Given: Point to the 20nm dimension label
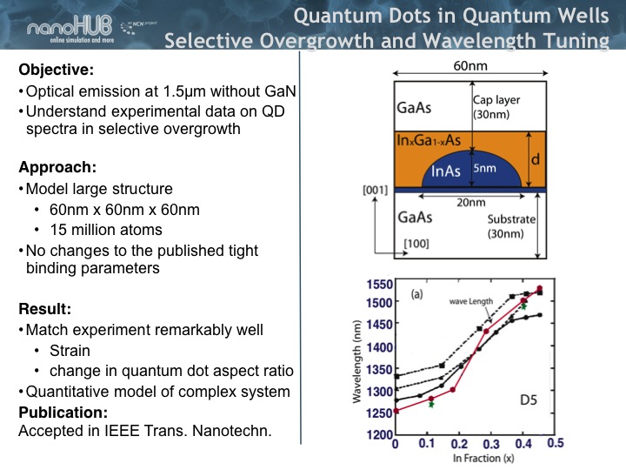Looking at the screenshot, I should tap(470, 202).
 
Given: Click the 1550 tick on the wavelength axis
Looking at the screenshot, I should tap(380, 285).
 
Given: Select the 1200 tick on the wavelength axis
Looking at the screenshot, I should tap(380, 433).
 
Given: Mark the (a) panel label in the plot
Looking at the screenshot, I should tap(416, 294).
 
